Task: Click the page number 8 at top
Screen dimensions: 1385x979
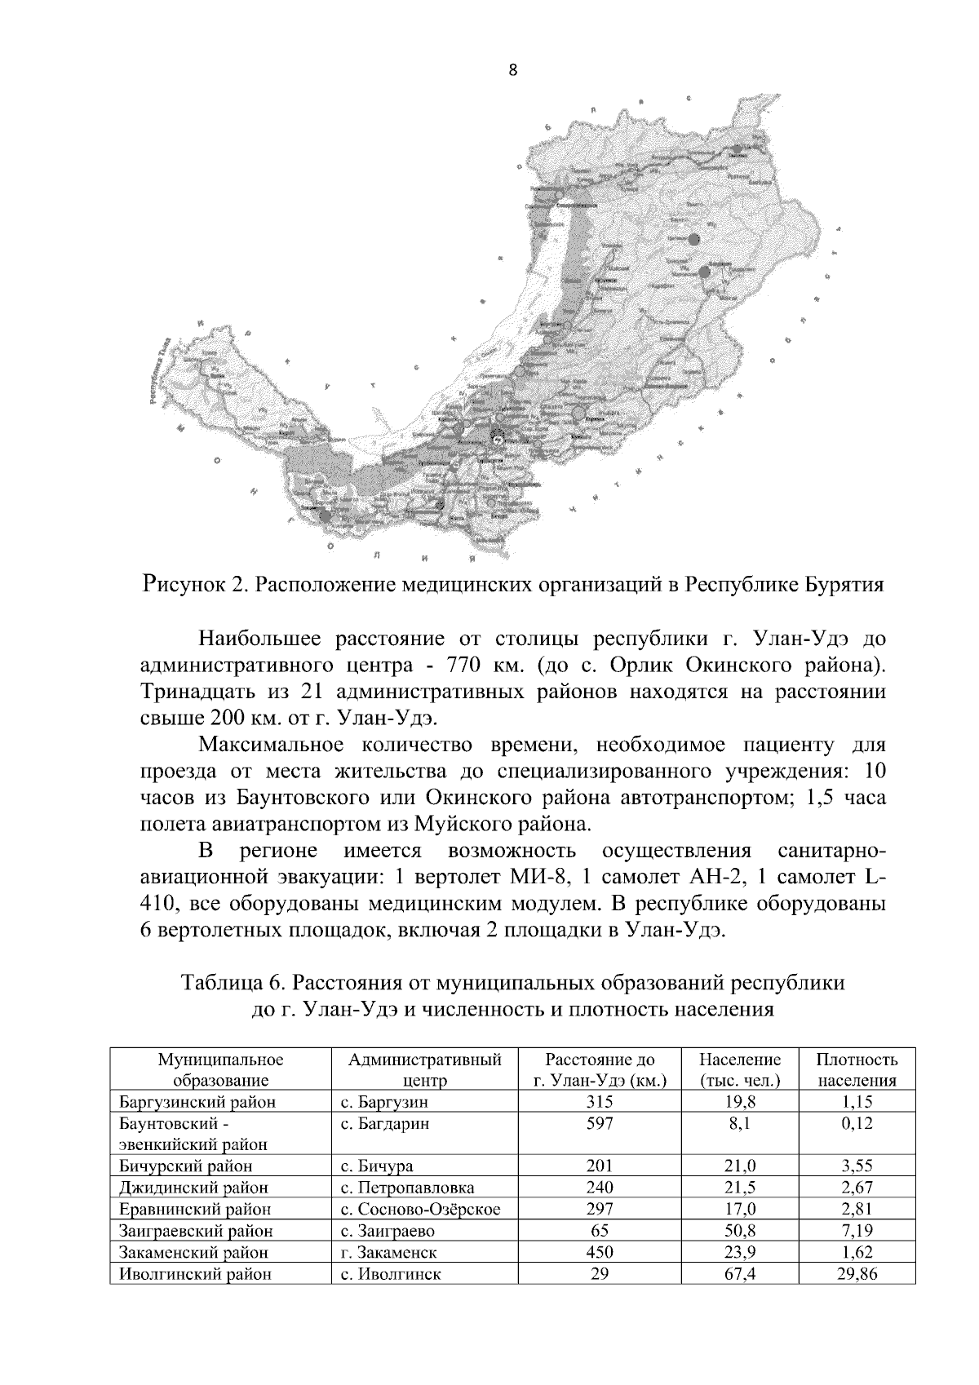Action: click(x=512, y=70)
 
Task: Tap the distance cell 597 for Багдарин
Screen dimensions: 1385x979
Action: click(x=600, y=1123)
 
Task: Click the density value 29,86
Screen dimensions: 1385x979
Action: click(x=857, y=1273)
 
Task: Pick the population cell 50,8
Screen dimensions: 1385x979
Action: click(x=740, y=1230)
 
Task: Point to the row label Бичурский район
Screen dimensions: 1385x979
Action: click(x=186, y=1166)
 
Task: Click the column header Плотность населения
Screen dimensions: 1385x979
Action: click(x=857, y=1070)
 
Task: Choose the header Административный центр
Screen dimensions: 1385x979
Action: click(x=424, y=1070)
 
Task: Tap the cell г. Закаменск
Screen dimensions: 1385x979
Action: click(x=388, y=1252)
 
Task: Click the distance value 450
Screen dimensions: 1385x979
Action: click(x=600, y=1252)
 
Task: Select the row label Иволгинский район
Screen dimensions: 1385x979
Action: click(x=195, y=1273)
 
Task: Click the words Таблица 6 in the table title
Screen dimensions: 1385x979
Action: click(x=229, y=983)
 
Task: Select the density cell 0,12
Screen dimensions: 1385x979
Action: click(x=857, y=1123)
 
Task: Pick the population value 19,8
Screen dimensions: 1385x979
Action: click(x=740, y=1102)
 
